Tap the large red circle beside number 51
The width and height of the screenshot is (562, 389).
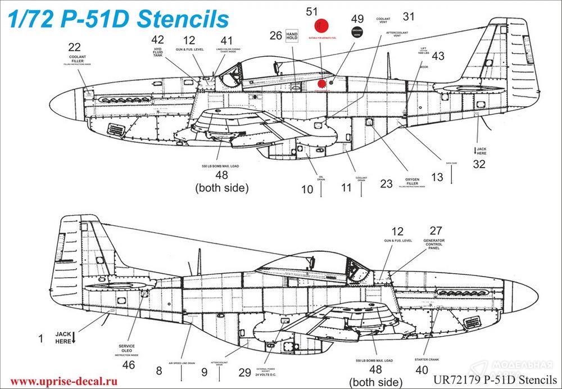321,26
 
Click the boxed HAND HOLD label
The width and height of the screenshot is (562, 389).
292,35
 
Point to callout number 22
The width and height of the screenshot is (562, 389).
74,47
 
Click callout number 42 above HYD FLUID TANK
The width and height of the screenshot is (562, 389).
158,40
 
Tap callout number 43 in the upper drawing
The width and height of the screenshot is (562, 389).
438,56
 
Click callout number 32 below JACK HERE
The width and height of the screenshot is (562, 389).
479,165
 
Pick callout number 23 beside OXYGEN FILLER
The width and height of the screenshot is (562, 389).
386,184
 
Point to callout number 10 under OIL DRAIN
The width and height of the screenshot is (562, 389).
307,189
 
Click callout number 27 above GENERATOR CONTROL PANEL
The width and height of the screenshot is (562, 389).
436,230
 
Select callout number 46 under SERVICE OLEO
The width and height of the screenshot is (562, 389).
129,364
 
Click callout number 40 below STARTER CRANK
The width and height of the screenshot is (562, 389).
421,370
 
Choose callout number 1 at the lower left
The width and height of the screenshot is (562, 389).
40,338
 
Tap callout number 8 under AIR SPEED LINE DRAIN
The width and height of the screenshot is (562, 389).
159,370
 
